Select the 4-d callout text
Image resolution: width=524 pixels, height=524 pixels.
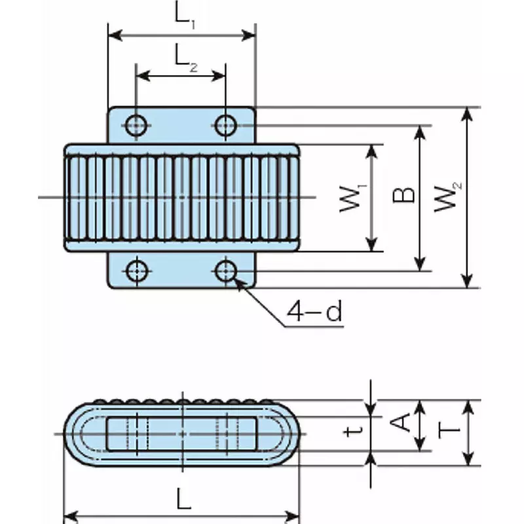[x=315, y=312]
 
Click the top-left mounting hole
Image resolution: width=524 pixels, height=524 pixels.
[x=136, y=124]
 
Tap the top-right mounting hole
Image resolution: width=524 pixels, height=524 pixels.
[x=226, y=124]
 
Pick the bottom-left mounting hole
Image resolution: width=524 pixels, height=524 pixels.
[x=136, y=270]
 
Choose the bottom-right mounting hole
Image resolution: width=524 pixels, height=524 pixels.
[x=226, y=270]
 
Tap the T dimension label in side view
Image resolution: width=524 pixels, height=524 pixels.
[x=449, y=430]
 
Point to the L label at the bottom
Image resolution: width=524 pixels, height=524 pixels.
[x=184, y=501]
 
